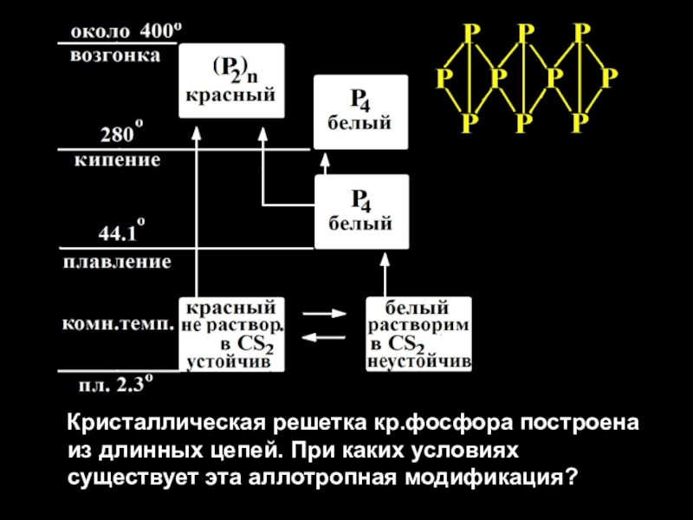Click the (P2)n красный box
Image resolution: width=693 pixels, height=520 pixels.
click(231, 81)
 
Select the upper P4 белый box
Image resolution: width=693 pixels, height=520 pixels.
click(360, 112)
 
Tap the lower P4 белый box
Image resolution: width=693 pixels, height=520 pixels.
click(361, 211)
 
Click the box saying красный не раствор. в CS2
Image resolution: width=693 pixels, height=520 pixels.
click(231, 335)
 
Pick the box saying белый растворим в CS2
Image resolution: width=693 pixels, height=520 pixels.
click(418, 335)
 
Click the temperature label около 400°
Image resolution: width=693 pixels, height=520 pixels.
click(126, 31)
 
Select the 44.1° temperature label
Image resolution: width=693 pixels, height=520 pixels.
click(121, 231)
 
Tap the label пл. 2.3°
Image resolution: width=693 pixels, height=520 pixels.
click(116, 384)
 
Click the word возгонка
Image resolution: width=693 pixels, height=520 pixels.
click(115, 56)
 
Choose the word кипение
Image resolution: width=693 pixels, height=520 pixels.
click(117, 159)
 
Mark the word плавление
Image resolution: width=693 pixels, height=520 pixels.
click(117, 262)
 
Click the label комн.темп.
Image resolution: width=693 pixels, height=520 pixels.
click(118, 324)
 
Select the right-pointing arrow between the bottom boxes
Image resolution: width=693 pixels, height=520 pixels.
click(324, 314)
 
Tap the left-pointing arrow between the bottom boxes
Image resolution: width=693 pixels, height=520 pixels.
click(323, 338)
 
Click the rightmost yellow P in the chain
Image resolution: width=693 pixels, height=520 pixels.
click(609, 78)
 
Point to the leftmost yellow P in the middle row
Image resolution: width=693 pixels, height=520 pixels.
click(444, 78)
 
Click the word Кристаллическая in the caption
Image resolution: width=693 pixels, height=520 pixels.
click(166, 423)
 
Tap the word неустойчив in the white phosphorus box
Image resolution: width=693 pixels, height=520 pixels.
click(419, 362)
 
